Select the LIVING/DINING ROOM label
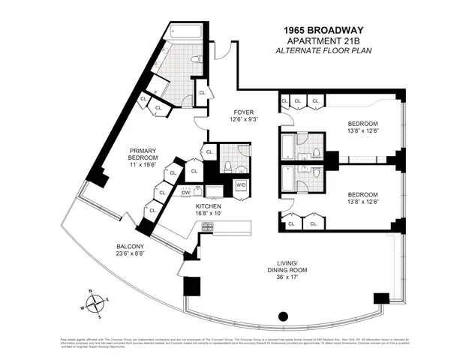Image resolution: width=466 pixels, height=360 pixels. pos(287,266)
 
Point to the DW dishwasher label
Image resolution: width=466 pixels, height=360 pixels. pos(185,193)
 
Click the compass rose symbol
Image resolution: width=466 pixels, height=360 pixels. pos(96,304)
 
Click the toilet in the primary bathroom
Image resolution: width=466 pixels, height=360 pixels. pos(195,58)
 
